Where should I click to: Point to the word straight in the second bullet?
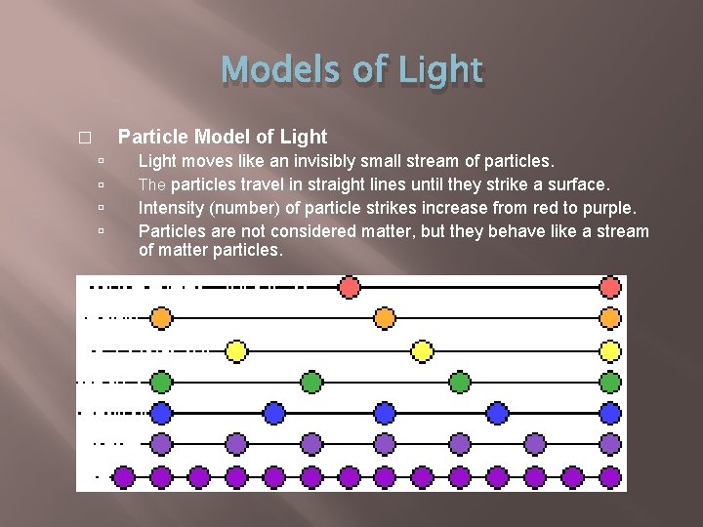357,183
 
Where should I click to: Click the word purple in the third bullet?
607,207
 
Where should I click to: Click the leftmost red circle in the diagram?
349,287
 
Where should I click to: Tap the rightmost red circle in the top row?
610,287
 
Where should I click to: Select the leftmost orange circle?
161,318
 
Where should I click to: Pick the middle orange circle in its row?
385,318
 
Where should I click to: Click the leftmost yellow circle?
235,349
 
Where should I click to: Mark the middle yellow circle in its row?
422,349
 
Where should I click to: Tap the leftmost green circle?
161,382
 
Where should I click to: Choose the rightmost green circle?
610,382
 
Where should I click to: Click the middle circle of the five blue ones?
385,413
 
